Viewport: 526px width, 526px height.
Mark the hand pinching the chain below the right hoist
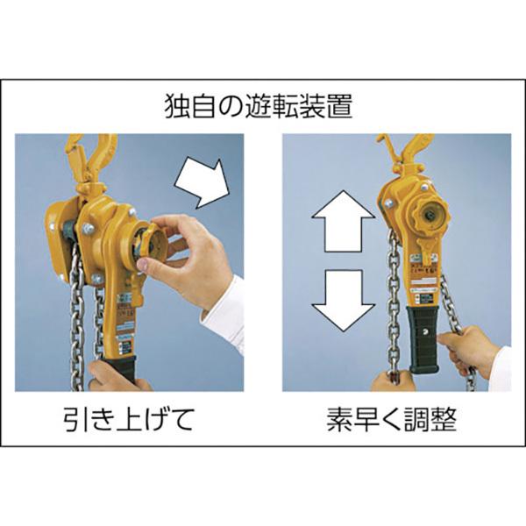(x=386, y=379)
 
